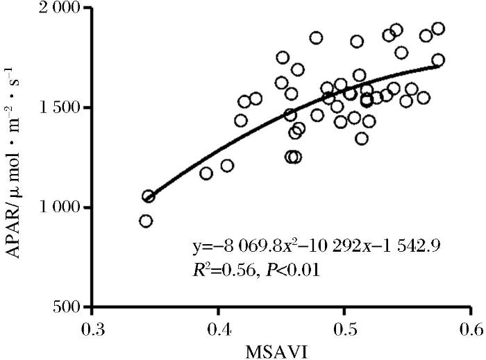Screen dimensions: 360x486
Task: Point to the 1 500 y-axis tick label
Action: click(60, 108)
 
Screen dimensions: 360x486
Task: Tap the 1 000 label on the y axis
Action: click(60, 208)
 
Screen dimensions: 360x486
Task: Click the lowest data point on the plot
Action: click(146, 221)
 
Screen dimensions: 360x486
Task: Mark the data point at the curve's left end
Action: click(149, 196)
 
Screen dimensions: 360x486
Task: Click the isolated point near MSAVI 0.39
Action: click(206, 173)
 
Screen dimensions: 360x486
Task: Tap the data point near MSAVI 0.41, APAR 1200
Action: click(227, 166)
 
